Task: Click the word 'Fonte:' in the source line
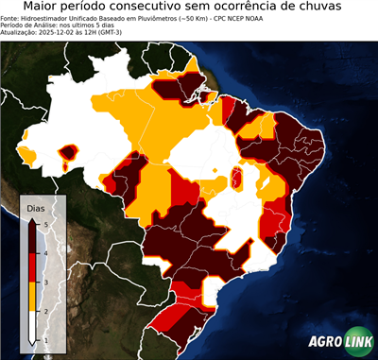(11, 17)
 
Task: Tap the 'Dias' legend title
(35, 207)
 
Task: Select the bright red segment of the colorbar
(32, 267)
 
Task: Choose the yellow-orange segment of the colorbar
(32, 296)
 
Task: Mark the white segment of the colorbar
(32, 325)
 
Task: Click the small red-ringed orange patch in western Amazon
(68, 151)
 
